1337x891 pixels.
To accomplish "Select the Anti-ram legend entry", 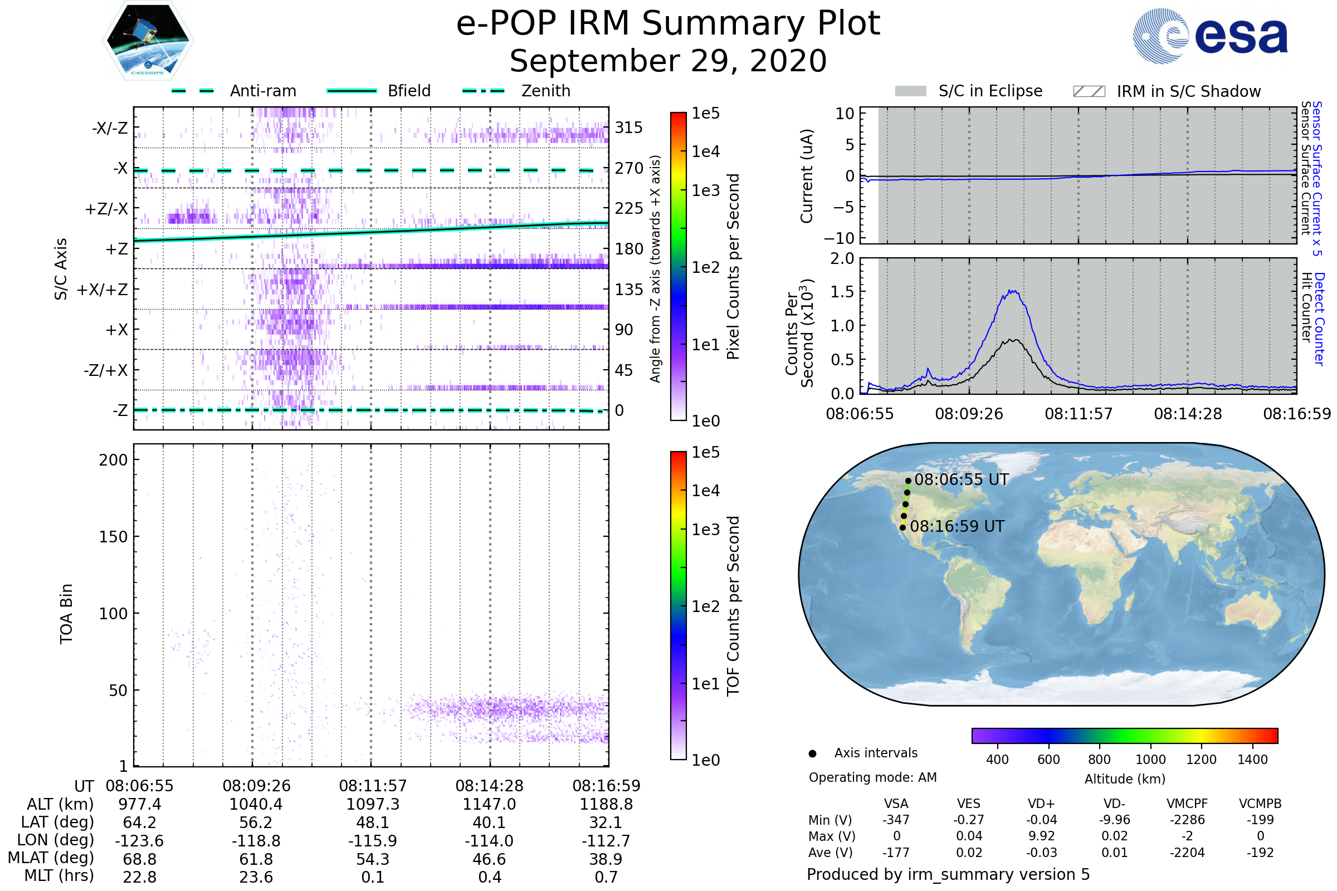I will tap(262, 91).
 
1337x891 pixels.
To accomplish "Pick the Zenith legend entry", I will tap(545, 91).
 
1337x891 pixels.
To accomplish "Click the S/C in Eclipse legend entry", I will tap(990, 91).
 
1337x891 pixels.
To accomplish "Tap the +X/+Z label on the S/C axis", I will tap(103, 290).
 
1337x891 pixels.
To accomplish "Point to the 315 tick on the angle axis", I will tap(628, 128).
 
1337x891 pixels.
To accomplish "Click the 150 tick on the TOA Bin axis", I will tap(113, 537).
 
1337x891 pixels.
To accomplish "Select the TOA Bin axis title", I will tap(66, 614).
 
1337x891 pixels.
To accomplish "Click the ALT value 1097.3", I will tap(372, 805).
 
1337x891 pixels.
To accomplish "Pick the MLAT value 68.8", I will tap(139, 859).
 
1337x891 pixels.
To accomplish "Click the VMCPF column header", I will tap(1187, 804).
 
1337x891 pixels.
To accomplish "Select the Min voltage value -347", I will tap(896, 820).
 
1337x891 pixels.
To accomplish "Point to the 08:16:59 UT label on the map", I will tap(957, 526).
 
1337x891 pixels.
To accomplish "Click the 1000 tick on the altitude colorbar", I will tap(1150, 760).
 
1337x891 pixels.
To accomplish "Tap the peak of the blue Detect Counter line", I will tap(1011, 291).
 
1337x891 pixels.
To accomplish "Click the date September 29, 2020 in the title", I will tap(668, 61).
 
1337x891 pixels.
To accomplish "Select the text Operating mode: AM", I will tap(872, 777).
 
